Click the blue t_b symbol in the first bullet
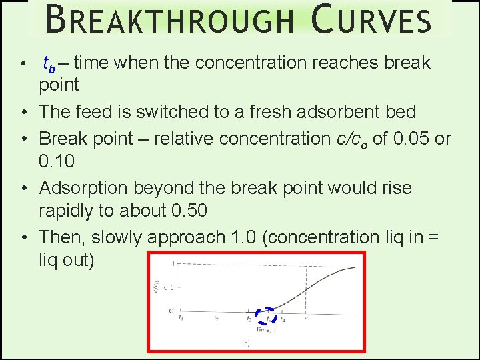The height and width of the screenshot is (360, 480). tap(49, 65)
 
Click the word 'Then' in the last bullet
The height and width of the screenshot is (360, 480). tap(61, 237)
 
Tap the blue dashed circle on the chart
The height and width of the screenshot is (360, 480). tap(266, 315)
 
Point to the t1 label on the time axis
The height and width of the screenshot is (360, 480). tap(182, 319)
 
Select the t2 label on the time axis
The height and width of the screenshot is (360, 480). tap(215, 319)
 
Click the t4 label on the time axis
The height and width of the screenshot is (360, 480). tap(283, 319)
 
